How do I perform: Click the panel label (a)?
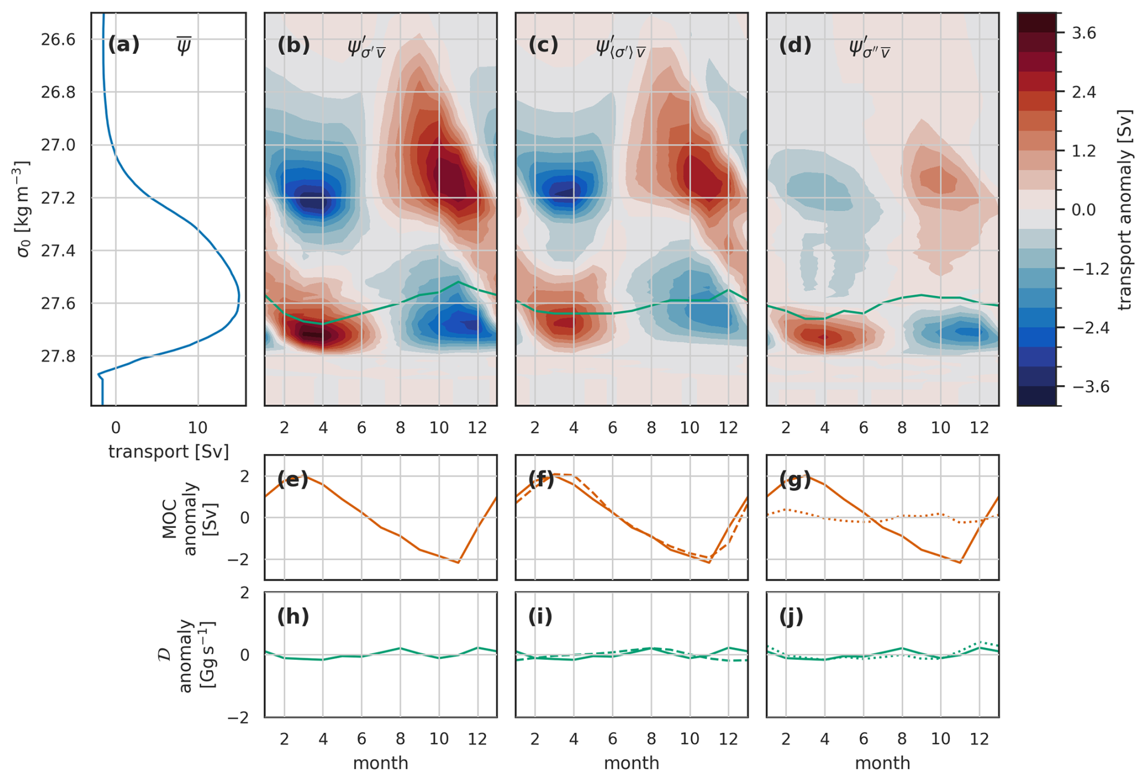pos(124,45)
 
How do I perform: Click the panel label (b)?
pos(293,45)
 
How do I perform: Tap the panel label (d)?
pos(795,45)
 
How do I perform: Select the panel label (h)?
pos(293,616)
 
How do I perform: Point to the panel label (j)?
pos(791,616)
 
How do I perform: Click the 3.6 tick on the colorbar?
pos(1084,33)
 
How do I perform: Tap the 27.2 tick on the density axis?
pos(58,198)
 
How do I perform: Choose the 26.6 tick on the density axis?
pos(58,40)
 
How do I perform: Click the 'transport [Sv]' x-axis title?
pos(168,452)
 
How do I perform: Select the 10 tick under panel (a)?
pos(197,428)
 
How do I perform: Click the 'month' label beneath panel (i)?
pos(631,763)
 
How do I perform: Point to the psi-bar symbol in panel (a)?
pos(184,46)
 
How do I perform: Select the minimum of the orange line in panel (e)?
pos(459,563)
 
